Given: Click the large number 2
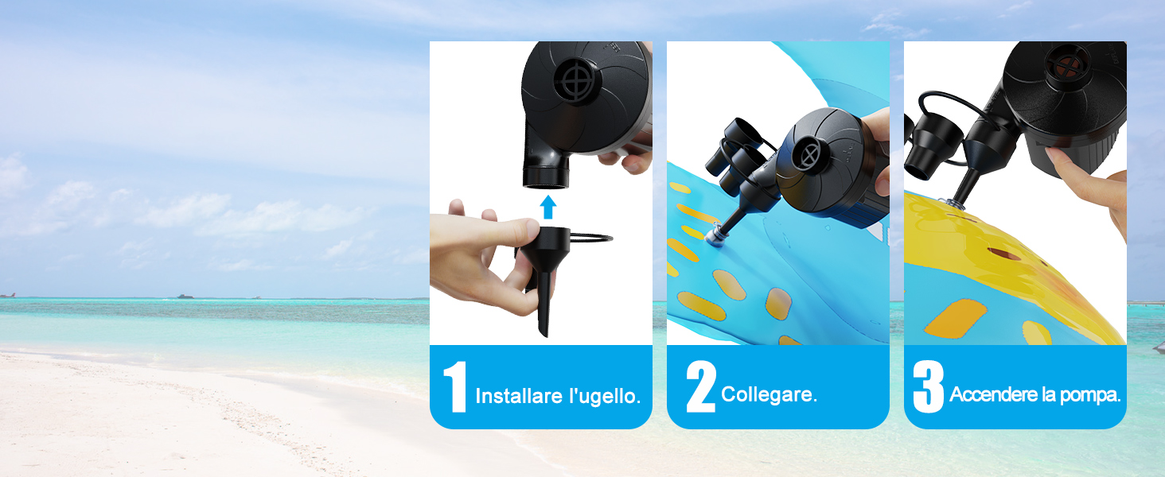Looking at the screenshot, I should coord(700,387).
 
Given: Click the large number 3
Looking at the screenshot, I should coord(928,387).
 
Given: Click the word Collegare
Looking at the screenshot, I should coord(769,394).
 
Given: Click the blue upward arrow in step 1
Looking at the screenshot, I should coord(547,207).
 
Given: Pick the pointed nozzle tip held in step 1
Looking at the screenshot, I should coord(544,318).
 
